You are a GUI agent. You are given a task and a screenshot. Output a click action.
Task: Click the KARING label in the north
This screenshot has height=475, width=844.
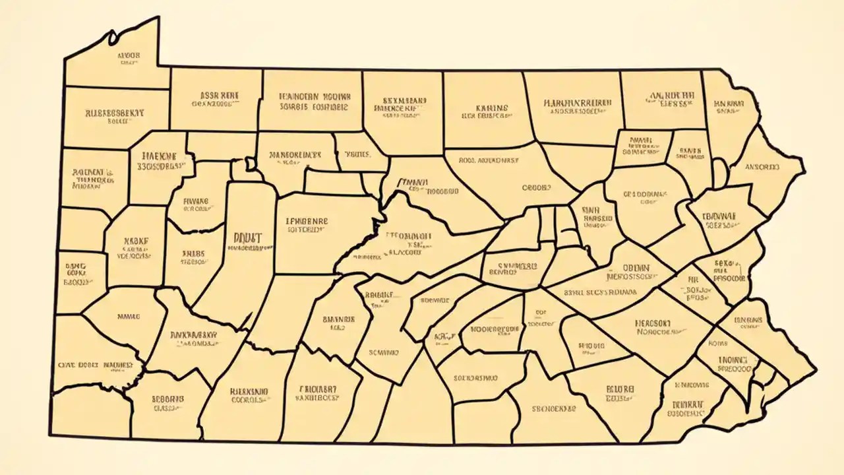(x=491, y=108)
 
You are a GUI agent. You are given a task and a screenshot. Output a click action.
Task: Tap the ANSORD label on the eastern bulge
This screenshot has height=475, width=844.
(x=762, y=167)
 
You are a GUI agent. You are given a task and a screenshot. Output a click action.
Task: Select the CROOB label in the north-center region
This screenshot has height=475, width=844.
(x=536, y=187)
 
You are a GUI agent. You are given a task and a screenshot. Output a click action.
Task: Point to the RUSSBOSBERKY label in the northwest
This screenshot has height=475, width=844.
(x=115, y=113)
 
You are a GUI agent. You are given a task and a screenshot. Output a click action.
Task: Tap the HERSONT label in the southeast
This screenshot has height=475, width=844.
(x=653, y=324)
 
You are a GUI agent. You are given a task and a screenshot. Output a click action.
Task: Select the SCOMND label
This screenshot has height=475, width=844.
(x=384, y=352)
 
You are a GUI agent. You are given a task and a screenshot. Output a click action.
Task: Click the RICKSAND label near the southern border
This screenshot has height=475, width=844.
(x=249, y=391)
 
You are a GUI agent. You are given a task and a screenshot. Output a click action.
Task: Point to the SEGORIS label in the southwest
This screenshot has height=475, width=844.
(x=167, y=399)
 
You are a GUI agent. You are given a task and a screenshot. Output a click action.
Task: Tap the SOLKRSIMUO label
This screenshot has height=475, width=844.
(x=476, y=379)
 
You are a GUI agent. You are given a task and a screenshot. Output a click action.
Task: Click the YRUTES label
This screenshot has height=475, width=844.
(x=357, y=156)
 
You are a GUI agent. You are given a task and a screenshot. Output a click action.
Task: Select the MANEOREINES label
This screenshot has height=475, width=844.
(x=295, y=156)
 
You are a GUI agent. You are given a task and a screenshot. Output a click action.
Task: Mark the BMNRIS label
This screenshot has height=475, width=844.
(x=339, y=319)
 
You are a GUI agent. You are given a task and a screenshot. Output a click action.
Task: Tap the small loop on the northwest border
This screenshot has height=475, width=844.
(x=112, y=34)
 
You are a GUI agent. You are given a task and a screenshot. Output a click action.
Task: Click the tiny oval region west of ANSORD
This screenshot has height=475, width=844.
(x=719, y=174)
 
